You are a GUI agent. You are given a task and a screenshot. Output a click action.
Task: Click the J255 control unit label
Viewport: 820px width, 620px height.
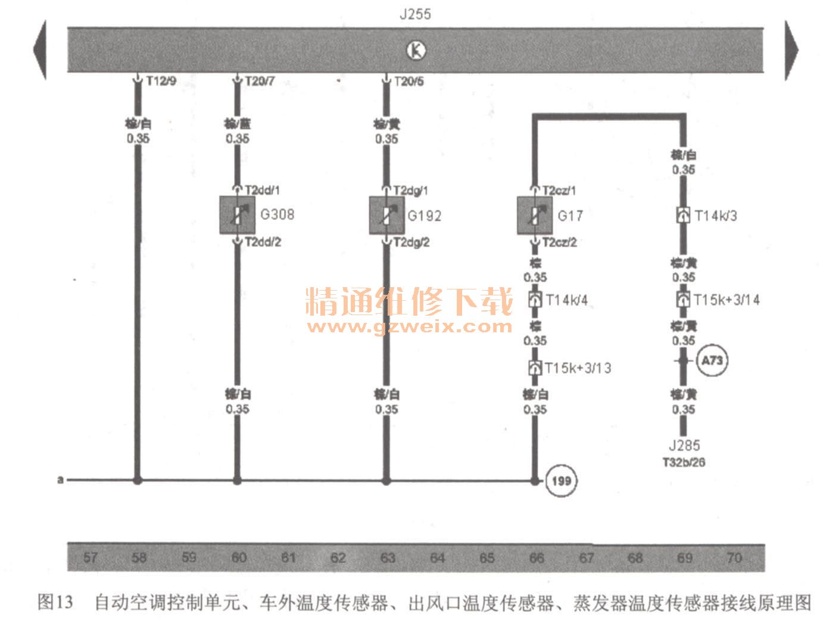[415, 14]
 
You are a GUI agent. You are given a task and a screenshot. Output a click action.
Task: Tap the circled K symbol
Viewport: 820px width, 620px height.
[416, 51]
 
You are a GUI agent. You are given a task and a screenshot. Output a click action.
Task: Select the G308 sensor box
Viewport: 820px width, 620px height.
[237, 215]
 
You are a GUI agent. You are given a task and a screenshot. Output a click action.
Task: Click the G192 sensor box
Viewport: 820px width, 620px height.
[386, 215]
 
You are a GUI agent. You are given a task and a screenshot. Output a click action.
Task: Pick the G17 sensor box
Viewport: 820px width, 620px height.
[534, 215]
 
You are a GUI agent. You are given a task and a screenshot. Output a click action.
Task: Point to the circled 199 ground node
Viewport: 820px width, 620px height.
[561, 480]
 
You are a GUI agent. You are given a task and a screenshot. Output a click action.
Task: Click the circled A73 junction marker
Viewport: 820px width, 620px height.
[712, 360]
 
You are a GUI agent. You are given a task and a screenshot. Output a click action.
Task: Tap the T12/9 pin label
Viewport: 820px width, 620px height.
[161, 81]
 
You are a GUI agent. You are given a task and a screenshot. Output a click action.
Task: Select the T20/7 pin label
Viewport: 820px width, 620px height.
[260, 81]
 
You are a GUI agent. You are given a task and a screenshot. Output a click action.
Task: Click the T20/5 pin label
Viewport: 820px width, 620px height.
[409, 81]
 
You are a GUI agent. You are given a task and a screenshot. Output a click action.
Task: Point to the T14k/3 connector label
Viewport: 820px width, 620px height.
[716, 216]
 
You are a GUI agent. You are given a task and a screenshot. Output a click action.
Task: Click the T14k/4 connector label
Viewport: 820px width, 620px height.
[566, 300]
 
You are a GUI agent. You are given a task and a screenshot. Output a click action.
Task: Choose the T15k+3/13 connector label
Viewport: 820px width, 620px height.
[578, 368]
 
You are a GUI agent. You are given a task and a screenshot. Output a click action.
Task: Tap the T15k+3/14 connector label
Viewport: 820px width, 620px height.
[727, 300]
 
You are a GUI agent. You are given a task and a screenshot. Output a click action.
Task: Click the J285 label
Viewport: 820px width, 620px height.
[684, 445]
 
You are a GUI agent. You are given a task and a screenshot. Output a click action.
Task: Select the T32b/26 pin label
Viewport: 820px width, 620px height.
[684, 462]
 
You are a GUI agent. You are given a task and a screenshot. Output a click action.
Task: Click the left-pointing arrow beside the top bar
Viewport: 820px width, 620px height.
[40, 50]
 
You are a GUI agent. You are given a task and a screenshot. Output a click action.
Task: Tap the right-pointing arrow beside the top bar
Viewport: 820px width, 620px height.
[791, 50]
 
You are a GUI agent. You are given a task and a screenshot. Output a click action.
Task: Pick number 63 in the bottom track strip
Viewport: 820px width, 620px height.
[388, 558]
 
